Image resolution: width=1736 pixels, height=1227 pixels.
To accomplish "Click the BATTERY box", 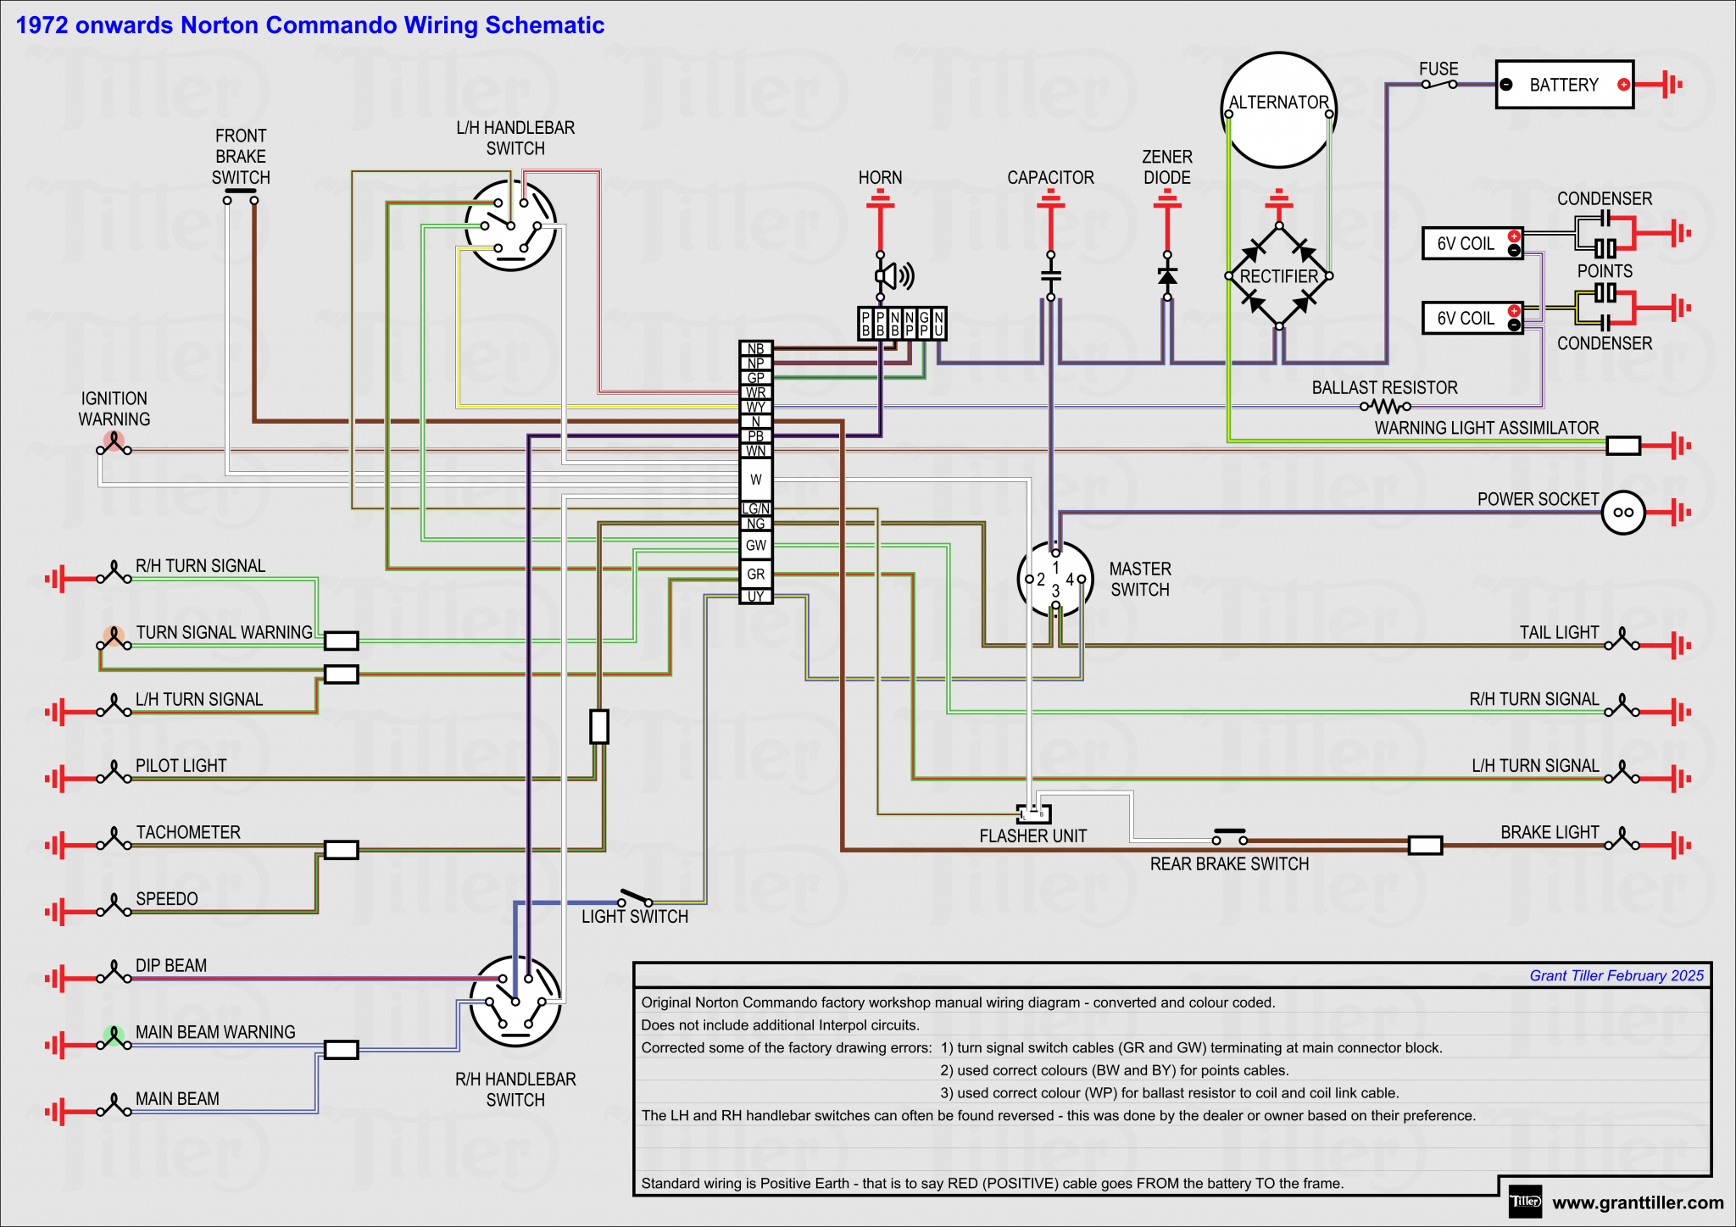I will tap(1564, 85).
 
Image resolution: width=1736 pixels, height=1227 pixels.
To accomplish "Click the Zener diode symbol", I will tap(1167, 276).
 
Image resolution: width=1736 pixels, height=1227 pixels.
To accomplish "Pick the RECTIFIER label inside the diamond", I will tap(1278, 276).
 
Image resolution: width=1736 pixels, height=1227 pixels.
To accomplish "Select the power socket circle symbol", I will tap(1623, 512).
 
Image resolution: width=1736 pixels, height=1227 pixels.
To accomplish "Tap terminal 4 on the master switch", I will tap(1081, 580).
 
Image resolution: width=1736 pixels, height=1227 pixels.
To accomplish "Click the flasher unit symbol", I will tap(1034, 814).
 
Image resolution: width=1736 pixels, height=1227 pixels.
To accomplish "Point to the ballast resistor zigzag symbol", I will tap(1385, 407).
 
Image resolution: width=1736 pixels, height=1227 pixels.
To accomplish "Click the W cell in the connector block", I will tap(755, 480).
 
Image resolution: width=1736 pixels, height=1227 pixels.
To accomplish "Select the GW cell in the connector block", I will tap(755, 545).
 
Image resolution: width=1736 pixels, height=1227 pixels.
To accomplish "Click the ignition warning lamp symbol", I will tap(114, 443).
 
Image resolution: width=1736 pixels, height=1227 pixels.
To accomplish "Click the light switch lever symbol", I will tap(635, 897).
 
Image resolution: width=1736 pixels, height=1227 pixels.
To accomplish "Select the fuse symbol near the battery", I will tap(1438, 84).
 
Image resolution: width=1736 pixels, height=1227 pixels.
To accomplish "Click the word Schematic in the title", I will tap(544, 25).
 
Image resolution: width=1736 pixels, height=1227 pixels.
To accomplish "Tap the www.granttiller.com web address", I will tap(1638, 1202).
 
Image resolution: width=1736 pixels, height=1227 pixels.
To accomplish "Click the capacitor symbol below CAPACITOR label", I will tap(1050, 276).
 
